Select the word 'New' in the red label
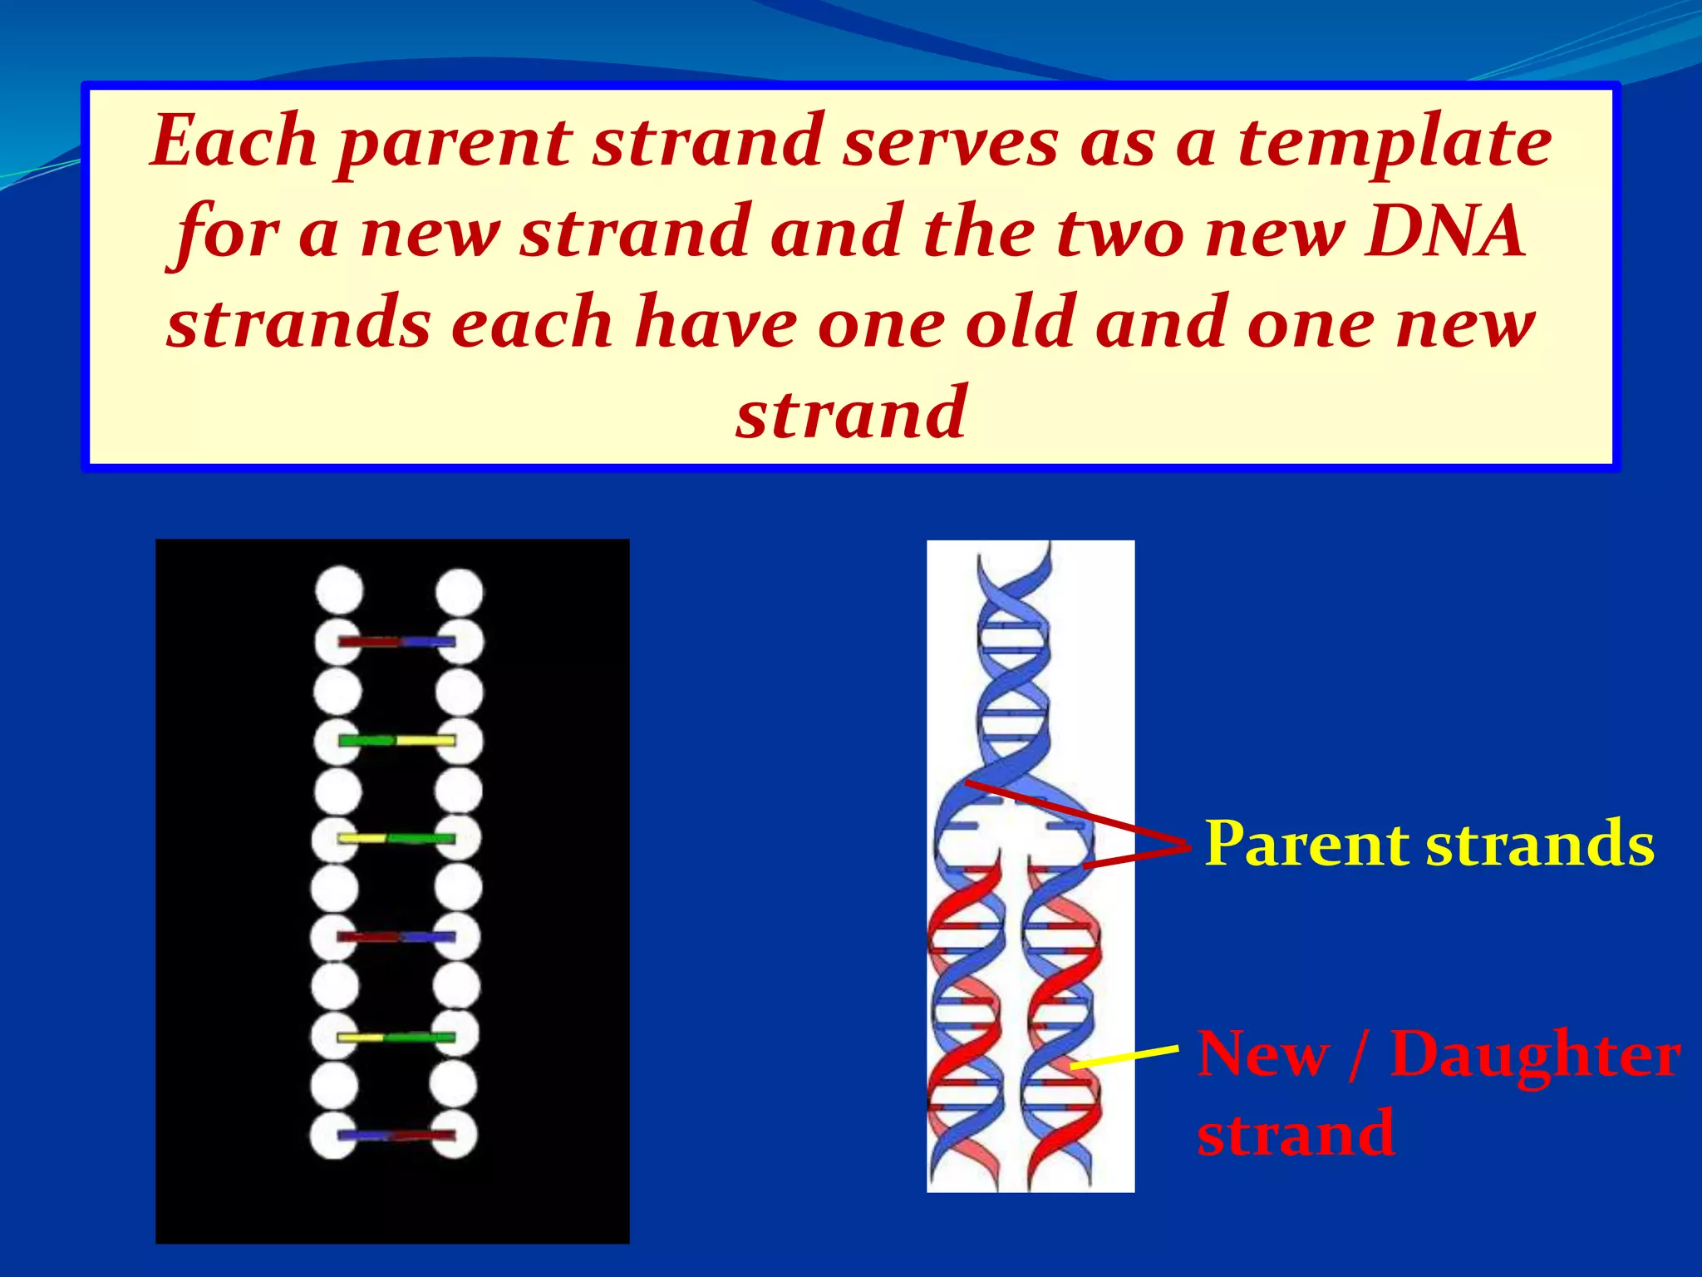[1262, 1054]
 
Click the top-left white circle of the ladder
[339, 590]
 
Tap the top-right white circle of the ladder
[460, 592]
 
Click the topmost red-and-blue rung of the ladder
[397, 642]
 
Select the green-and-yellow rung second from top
[397, 740]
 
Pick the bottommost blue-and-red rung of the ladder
[396, 1135]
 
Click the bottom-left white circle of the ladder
[334, 1135]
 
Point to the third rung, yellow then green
[396, 838]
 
